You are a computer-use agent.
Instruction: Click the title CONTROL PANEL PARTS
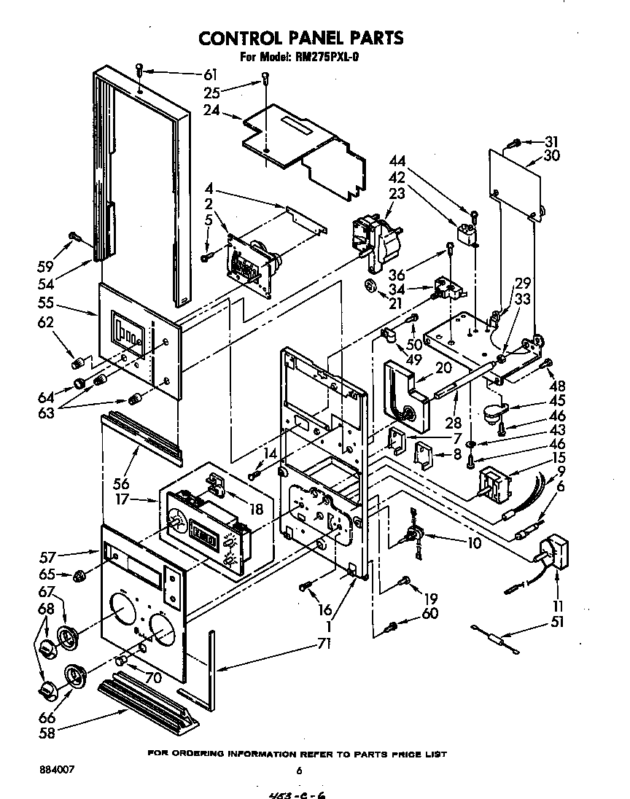(x=301, y=37)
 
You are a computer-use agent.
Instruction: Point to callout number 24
(x=212, y=111)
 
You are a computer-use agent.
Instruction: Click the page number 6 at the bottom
(x=299, y=770)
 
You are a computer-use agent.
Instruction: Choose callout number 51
(x=557, y=622)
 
